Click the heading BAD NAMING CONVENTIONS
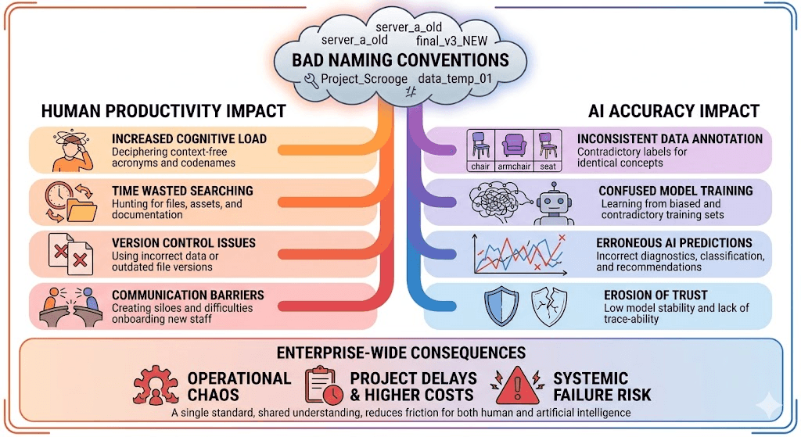pyautogui.click(x=400, y=60)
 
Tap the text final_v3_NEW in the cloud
pyautogui.click(x=451, y=41)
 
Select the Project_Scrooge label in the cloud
pyautogui.click(x=365, y=79)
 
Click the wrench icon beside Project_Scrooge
pyautogui.click(x=311, y=81)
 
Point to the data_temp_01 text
pyautogui.click(x=454, y=79)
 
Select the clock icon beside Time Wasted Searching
pyautogui.click(x=58, y=196)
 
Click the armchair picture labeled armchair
pyautogui.click(x=514, y=145)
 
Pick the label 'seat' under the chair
pyautogui.click(x=548, y=167)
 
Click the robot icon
pyautogui.click(x=554, y=204)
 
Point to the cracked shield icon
pyautogui.click(x=549, y=306)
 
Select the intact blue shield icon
pyautogui.click(x=501, y=306)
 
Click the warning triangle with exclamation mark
pyautogui.click(x=517, y=386)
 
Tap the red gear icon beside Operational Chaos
pyautogui.click(x=156, y=385)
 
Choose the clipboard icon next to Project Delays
pyautogui.click(x=324, y=385)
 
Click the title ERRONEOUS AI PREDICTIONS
pyautogui.click(x=674, y=243)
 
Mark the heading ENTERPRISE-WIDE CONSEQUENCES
pyautogui.click(x=401, y=353)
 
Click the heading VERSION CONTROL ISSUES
pyautogui.click(x=184, y=243)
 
